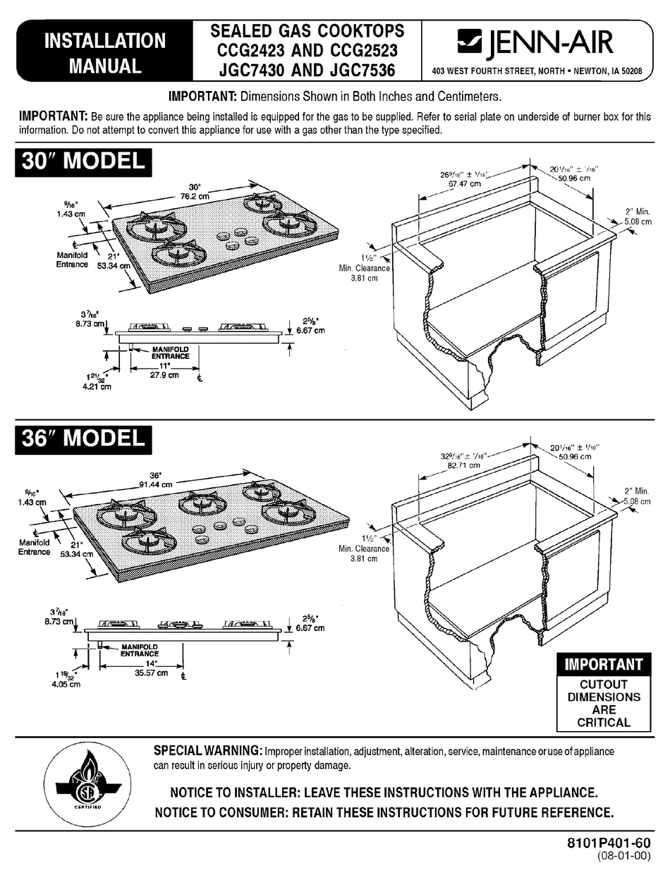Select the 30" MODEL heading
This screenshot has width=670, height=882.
pos(83,161)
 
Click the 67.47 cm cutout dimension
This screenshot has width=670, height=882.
pos(465,183)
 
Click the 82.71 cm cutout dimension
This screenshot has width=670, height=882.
pos(463,465)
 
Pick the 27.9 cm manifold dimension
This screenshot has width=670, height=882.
pos(163,376)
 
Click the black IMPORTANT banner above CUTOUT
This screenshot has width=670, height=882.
pos(603,664)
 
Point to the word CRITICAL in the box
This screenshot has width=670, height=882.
pos(603,722)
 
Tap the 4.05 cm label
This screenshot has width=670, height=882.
pos(68,683)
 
